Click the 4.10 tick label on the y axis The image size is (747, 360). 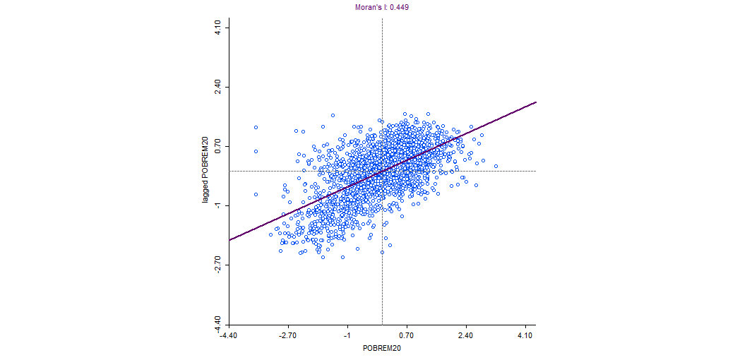pos(219,28)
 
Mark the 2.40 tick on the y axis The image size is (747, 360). pos(219,87)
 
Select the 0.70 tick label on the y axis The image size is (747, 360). pos(219,147)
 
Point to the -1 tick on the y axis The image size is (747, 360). pos(219,205)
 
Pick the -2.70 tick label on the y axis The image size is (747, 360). pos(219,265)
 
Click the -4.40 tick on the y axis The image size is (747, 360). pos(219,324)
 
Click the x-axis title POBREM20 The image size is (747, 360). pos(381,349)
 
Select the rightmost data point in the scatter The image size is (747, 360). pos(496,167)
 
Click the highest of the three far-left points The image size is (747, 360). pos(256,128)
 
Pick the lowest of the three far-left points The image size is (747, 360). pos(256,194)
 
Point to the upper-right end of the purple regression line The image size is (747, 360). pos(536,102)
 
